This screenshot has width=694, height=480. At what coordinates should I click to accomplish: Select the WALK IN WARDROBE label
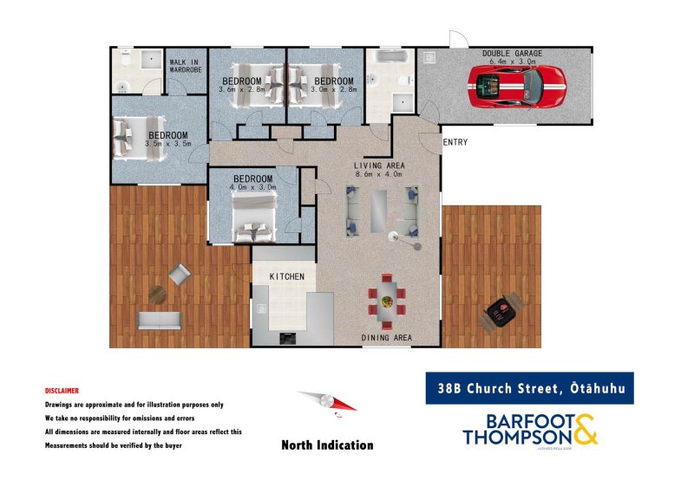[x=186, y=65]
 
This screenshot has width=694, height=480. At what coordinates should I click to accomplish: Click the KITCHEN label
[x=286, y=276]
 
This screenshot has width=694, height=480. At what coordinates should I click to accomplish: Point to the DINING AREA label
[x=386, y=337]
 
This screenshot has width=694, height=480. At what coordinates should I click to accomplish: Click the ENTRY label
[x=455, y=143]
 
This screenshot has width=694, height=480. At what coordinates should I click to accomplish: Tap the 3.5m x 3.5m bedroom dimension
[x=168, y=146]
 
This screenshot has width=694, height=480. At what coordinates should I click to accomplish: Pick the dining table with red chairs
[x=386, y=297]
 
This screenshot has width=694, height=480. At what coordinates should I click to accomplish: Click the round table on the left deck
[x=158, y=295]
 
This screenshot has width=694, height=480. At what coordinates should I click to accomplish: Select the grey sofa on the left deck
[x=158, y=321]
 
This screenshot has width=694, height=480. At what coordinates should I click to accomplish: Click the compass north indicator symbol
[x=327, y=403]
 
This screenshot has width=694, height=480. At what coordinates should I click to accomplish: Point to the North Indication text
[x=327, y=445]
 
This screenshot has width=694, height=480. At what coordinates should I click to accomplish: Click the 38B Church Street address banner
[x=528, y=388]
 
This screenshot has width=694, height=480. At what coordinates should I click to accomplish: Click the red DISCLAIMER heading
[x=62, y=391]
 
